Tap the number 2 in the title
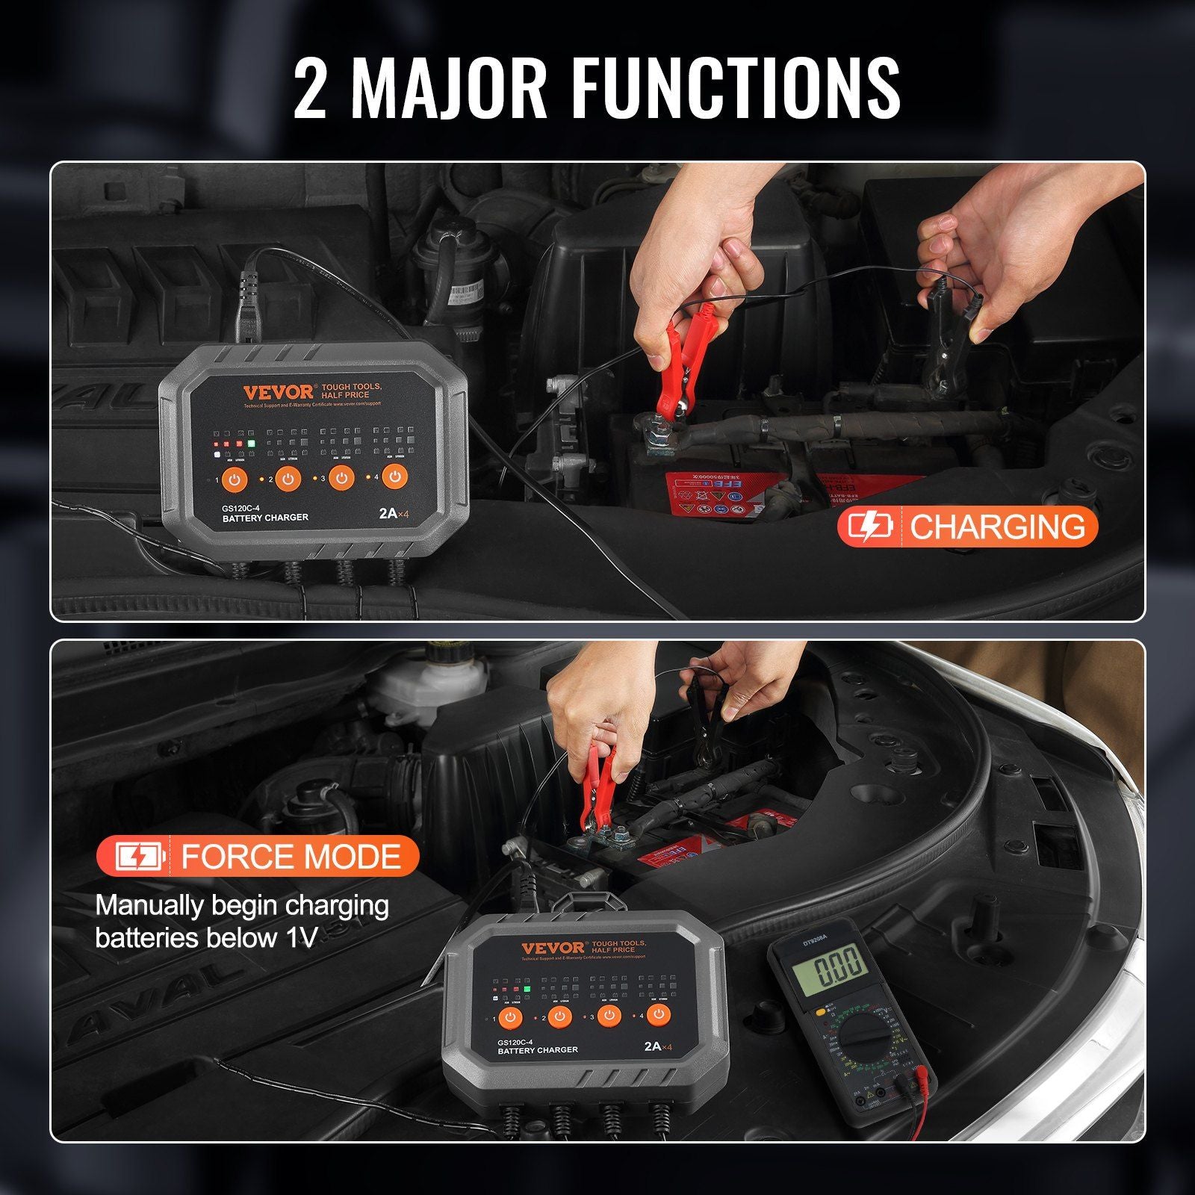[311, 89]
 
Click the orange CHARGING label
[967, 527]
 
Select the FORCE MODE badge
[258, 856]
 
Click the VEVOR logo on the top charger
[278, 392]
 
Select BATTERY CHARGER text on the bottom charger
[538, 1050]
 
